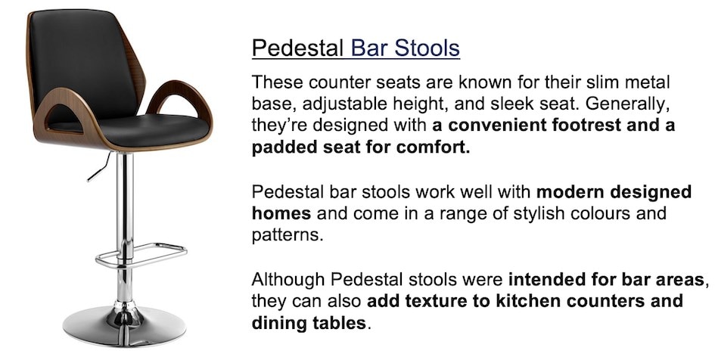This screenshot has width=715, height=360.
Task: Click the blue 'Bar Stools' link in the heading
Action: pyautogui.click(x=405, y=48)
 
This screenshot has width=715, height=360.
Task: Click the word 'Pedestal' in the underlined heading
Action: pyautogui.click(x=298, y=48)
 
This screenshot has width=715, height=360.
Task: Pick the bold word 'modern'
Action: pyautogui.click(x=570, y=192)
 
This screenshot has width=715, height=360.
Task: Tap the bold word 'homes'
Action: pyautogui.click(x=281, y=213)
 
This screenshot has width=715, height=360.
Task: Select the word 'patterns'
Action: pyautogui.click(x=288, y=235)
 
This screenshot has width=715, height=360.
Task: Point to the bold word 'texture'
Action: pyautogui.click(x=436, y=301)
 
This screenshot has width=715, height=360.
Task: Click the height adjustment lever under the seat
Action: pyautogui.click(x=99, y=167)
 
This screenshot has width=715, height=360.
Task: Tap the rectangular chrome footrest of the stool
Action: pyautogui.click(x=141, y=255)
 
